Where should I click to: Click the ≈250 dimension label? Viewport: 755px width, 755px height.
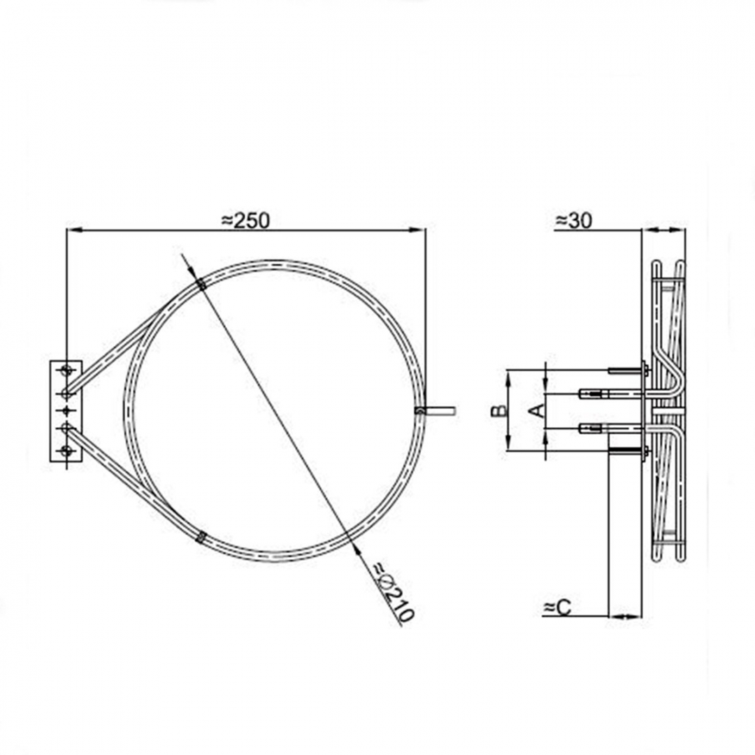(x=245, y=220)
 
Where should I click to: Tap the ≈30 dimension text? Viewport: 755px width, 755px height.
(x=574, y=220)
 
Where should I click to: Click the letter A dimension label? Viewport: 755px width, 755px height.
(x=538, y=410)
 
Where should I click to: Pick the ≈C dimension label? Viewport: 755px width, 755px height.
(x=557, y=607)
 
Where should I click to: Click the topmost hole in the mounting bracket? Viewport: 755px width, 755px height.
(x=66, y=371)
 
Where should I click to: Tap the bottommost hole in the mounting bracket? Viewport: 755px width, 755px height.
(x=66, y=451)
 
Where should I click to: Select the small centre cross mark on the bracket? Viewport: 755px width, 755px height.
(x=66, y=410)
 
